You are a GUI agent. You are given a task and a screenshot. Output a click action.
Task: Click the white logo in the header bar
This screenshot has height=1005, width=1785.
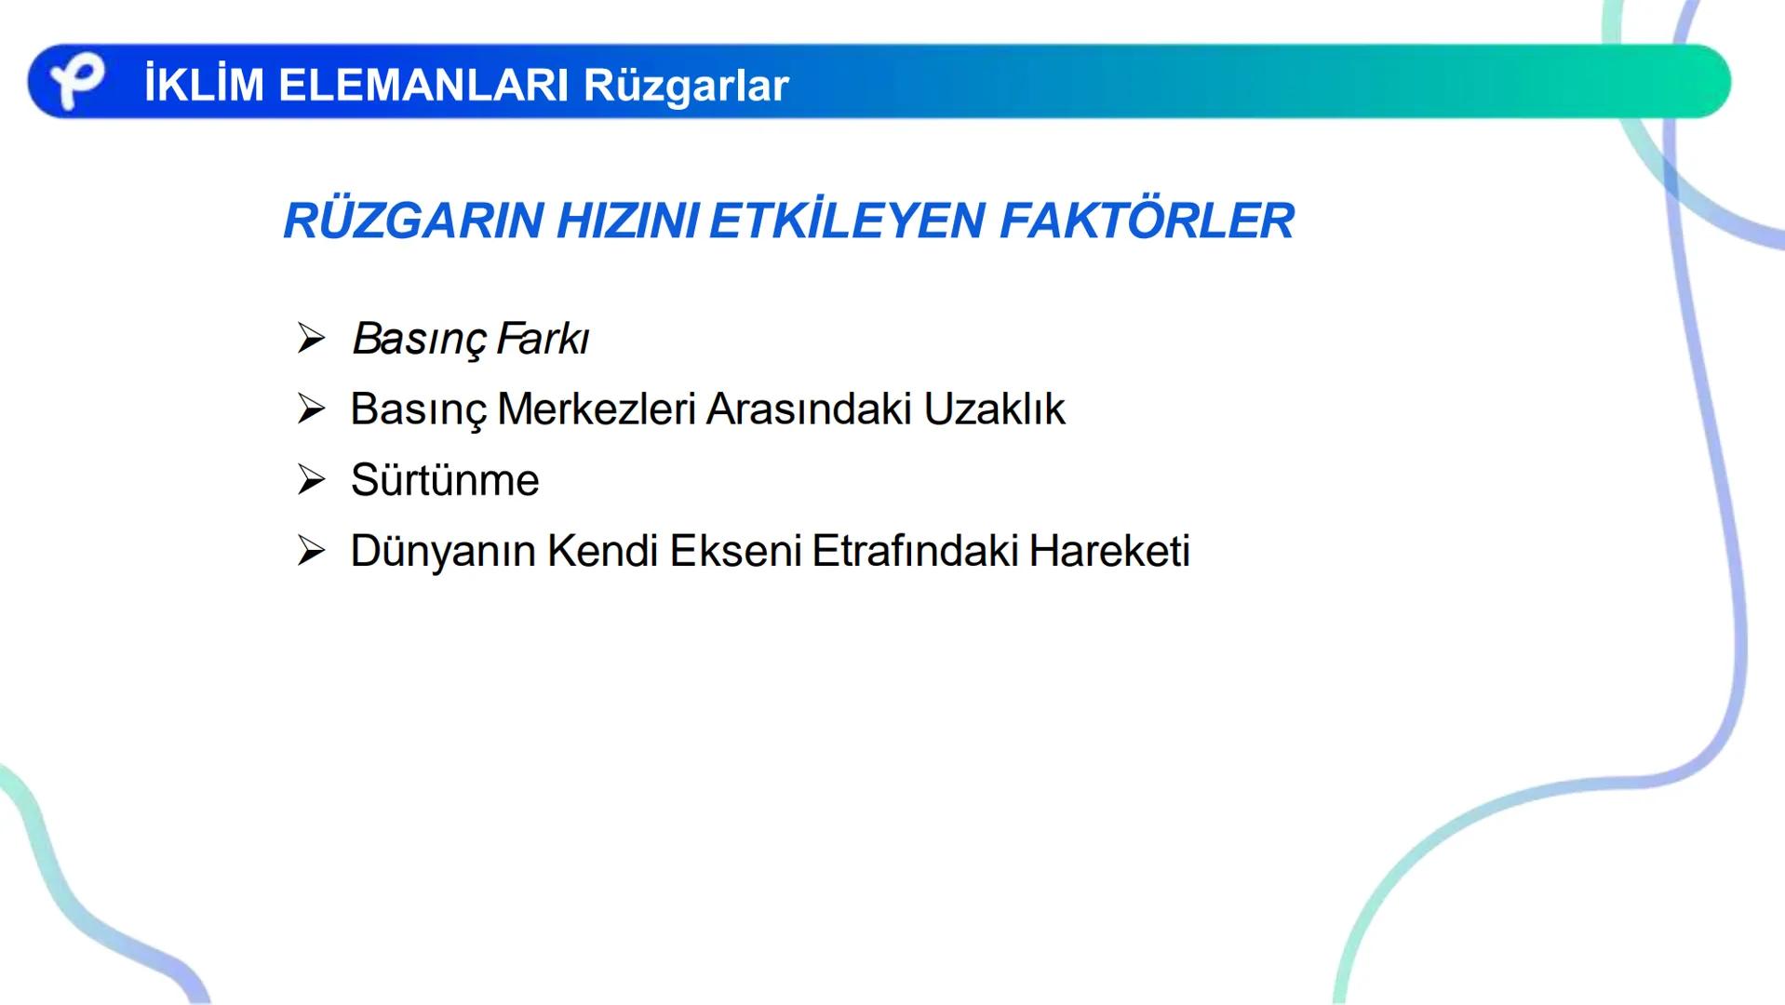[76, 82]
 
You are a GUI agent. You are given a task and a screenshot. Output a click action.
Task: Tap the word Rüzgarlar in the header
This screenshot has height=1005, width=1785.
[686, 86]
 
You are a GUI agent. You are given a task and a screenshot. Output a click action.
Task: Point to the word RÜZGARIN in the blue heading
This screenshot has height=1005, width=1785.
[413, 221]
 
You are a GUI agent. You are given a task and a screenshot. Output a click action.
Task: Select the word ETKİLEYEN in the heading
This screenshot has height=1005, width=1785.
[847, 221]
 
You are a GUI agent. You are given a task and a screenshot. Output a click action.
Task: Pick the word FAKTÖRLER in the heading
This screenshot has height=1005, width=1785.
[1147, 221]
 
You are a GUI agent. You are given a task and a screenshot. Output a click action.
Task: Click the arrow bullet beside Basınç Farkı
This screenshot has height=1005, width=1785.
[311, 338]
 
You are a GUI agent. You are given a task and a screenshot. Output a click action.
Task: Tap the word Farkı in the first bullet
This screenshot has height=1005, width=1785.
[543, 339]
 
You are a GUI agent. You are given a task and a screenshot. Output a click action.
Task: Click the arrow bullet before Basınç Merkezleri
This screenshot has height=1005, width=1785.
[311, 409]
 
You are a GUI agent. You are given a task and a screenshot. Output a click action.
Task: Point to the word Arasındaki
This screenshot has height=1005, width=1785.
[809, 409]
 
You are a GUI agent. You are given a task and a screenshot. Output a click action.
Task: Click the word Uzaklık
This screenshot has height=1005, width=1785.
[994, 409]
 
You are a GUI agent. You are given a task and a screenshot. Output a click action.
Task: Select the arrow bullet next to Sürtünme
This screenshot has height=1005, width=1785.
[311, 480]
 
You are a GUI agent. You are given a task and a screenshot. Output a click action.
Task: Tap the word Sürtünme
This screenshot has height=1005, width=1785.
[445, 480]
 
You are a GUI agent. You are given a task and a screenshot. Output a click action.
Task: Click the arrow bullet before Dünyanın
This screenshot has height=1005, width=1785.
[311, 551]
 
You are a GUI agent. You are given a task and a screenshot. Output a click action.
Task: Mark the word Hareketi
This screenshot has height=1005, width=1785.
[1109, 551]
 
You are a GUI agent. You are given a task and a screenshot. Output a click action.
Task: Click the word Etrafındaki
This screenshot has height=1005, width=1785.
[916, 551]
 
